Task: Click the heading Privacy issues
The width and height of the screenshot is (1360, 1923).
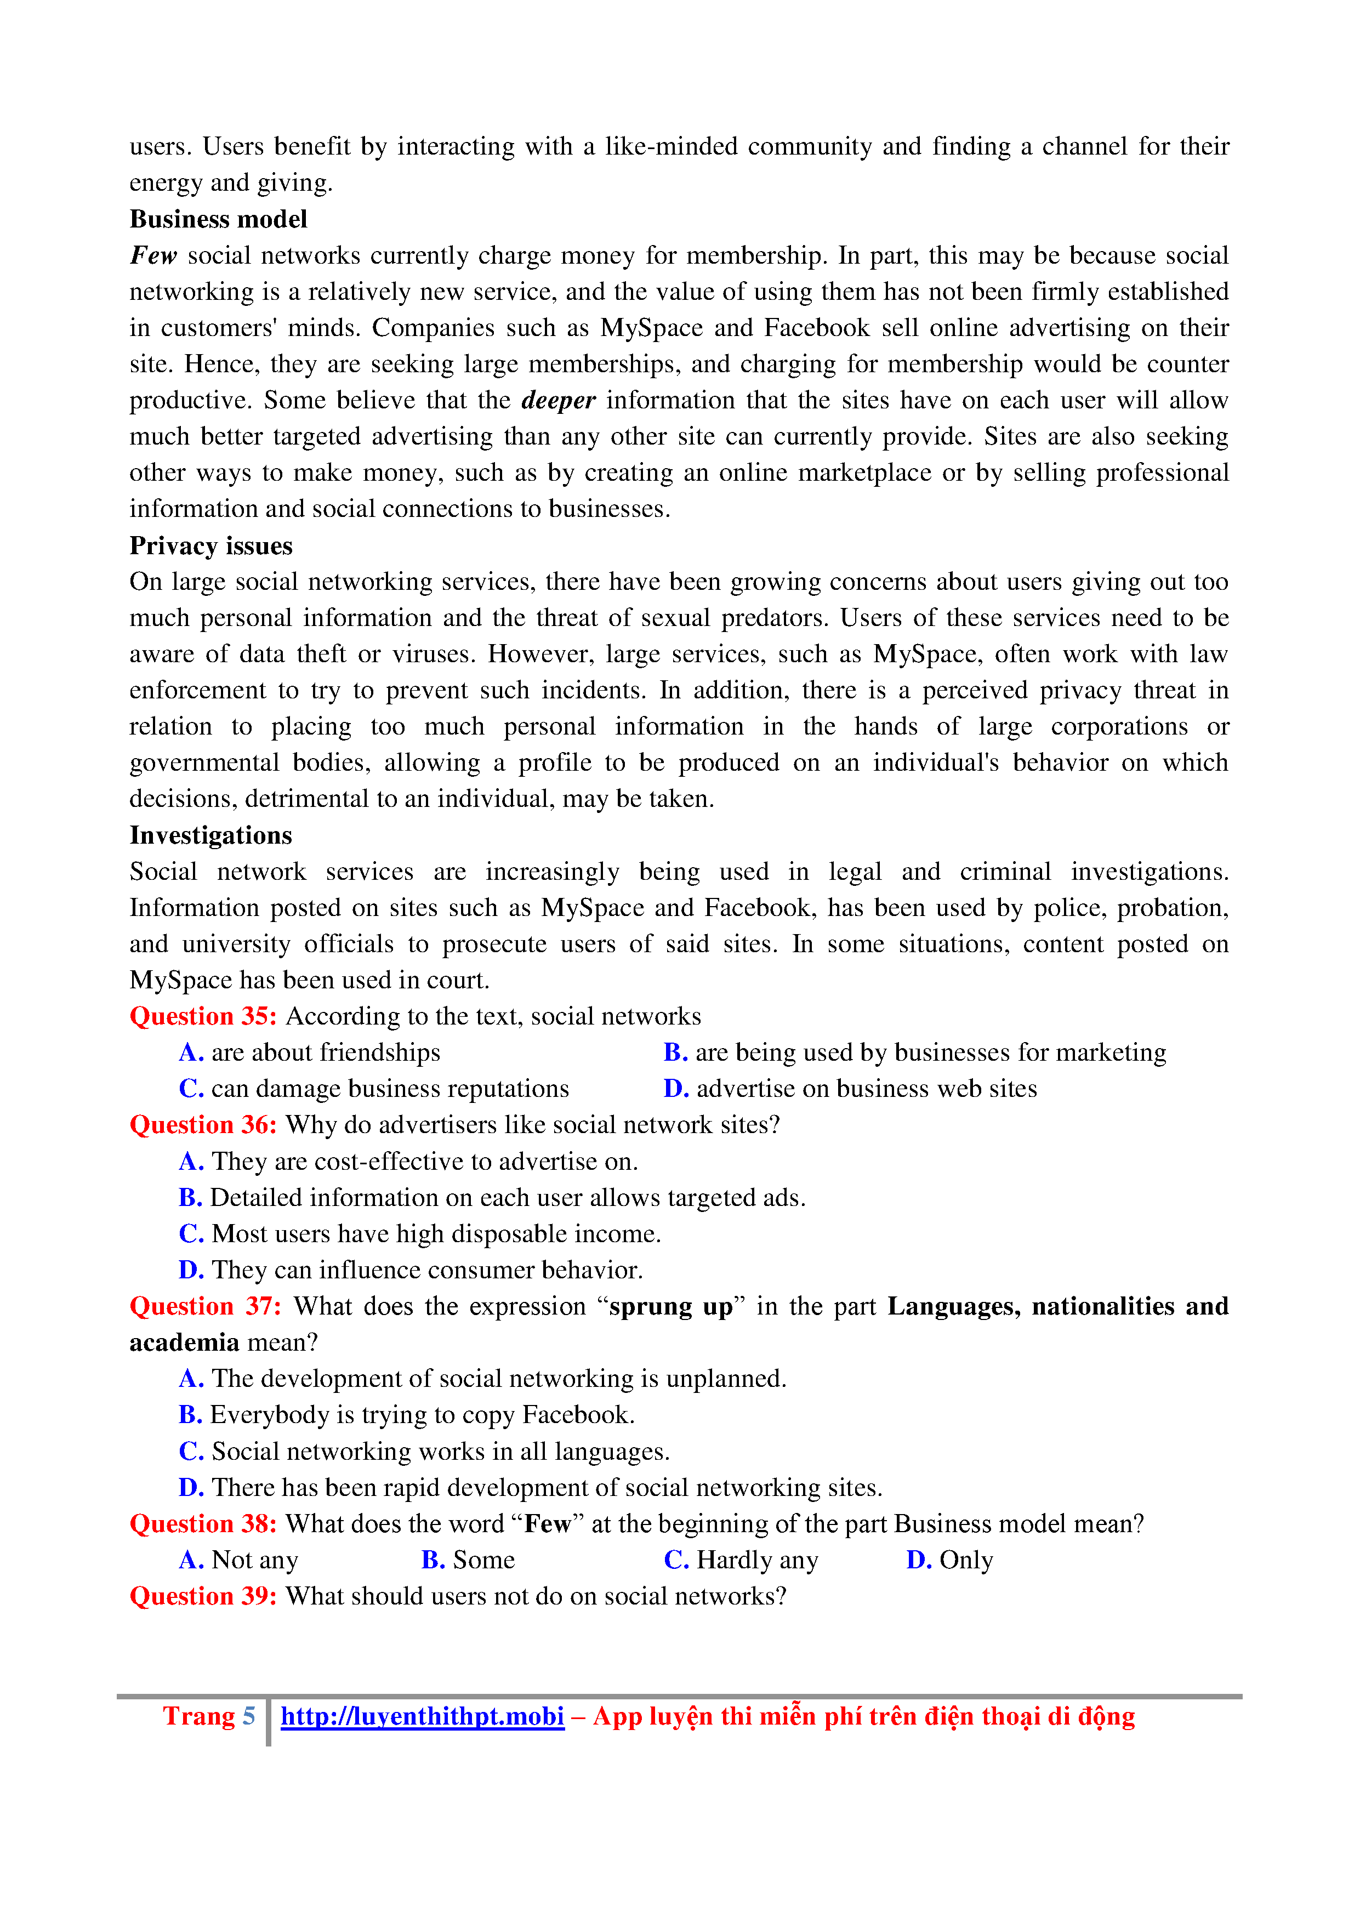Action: [211, 546]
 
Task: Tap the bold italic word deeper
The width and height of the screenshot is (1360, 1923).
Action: [557, 400]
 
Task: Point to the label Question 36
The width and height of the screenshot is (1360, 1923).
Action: [203, 1125]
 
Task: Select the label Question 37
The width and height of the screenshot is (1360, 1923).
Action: [205, 1306]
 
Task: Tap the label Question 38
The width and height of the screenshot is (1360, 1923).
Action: [203, 1523]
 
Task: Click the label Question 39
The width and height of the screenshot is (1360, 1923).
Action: [203, 1596]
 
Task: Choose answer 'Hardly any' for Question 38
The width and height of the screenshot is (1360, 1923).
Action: [756, 1560]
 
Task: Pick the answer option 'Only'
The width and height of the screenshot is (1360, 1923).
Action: [965, 1560]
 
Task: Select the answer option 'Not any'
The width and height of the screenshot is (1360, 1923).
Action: [254, 1560]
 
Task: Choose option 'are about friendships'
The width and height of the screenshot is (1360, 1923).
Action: [325, 1053]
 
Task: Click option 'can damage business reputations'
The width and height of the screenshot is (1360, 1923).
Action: [389, 1089]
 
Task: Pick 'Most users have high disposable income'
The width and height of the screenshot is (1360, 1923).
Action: [435, 1234]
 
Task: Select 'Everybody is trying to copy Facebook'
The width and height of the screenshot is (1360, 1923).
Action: [422, 1415]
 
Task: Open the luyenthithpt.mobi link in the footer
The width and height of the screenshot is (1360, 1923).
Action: [422, 1716]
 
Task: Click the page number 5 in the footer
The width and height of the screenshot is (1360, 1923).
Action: [249, 1716]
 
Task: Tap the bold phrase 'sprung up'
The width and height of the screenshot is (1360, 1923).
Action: [671, 1306]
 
